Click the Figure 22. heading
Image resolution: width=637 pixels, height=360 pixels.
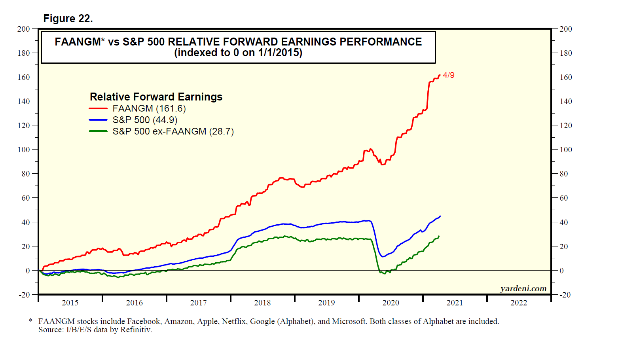click(68, 19)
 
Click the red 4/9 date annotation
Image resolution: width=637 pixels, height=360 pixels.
click(449, 75)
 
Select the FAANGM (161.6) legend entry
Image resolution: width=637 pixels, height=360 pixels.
click(149, 108)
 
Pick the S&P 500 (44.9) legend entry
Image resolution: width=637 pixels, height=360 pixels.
click(144, 120)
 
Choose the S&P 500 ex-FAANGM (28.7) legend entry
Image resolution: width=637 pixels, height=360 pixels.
click(173, 131)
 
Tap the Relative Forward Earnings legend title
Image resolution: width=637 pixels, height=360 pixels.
click(156, 97)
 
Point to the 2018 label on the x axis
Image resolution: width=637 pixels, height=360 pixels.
click(262, 303)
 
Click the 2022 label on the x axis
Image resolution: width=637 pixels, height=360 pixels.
click(519, 303)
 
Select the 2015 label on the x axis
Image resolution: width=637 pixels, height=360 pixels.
click(70, 303)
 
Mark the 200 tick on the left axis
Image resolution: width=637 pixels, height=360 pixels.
click(24, 29)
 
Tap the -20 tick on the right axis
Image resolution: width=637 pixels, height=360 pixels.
click(565, 295)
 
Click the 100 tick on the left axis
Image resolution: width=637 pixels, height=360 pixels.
click(24, 150)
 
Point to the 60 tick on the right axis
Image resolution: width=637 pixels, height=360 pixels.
click(564, 198)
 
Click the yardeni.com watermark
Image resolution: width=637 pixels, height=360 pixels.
click(523, 288)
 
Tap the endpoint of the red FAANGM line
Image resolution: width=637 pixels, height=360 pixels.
click(440, 75)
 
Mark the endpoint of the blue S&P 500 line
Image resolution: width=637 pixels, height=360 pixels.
click(440, 216)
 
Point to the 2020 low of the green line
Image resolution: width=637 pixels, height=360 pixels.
click(384, 274)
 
